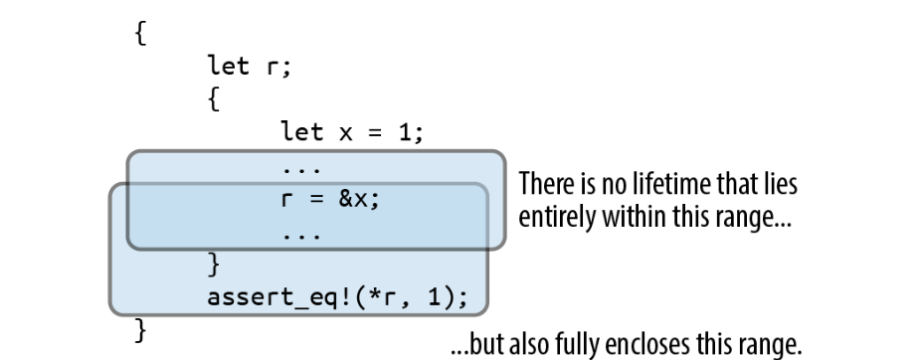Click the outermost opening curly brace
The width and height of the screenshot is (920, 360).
140,33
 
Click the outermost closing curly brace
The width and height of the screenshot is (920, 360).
140,330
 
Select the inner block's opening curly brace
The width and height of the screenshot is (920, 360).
214,99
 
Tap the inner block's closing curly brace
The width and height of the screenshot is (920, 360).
214,264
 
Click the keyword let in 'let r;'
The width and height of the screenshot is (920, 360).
229,66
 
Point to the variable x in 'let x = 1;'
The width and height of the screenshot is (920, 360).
345,133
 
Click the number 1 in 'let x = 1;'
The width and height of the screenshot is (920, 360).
405,132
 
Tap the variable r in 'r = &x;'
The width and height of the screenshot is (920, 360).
286,200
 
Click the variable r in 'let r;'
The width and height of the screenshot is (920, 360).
273,68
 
